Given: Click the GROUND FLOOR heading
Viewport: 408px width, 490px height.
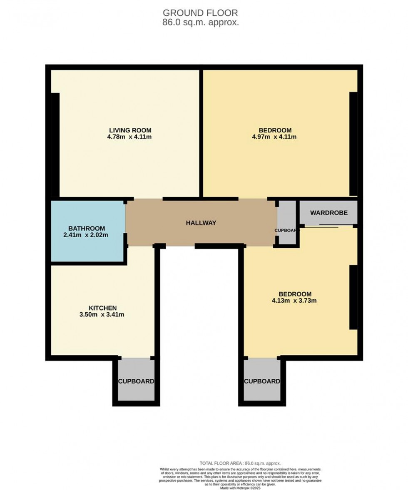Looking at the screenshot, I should pyautogui.click(x=200, y=13).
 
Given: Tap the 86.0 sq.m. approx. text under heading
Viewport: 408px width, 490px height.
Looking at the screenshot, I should pyautogui.click(x=200, y=22).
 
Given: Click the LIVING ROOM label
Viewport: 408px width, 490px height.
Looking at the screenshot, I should pyautogui.click(x=130, y=130).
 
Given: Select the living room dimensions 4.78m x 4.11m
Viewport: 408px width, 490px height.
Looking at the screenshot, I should pyautogui.click(x=129, y=137).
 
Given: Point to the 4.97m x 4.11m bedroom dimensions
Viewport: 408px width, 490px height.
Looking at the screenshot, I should pyautogui.click(x=274, y=137).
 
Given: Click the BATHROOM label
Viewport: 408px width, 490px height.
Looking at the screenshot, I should pyautogui.click(x=87, y=229).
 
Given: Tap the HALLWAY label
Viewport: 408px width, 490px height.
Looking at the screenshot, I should pyautogui.click(x=201, y=223).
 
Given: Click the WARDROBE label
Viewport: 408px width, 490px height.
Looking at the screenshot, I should pyautogui.click(x=328, y=213).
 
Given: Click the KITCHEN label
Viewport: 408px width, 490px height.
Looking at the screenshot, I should pyautogui.click(x=102, y=308).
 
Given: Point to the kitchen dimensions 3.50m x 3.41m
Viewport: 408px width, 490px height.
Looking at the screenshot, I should pyautogui.click(x=102, y=315).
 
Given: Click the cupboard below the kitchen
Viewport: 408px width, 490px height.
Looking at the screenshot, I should pyautogui.click(x=136, y=381).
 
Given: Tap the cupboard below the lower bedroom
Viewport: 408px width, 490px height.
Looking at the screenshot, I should pyautogui.click(x=262, y=381).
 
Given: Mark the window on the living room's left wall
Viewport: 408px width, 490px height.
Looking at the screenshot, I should pyautogui.click(x=55, y=144).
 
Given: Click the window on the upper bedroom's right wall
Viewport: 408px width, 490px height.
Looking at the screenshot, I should pyautogui.click(x=353, y=144).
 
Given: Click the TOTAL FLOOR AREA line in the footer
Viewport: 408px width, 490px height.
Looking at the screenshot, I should pyautogui.click(x=240, y=463).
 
